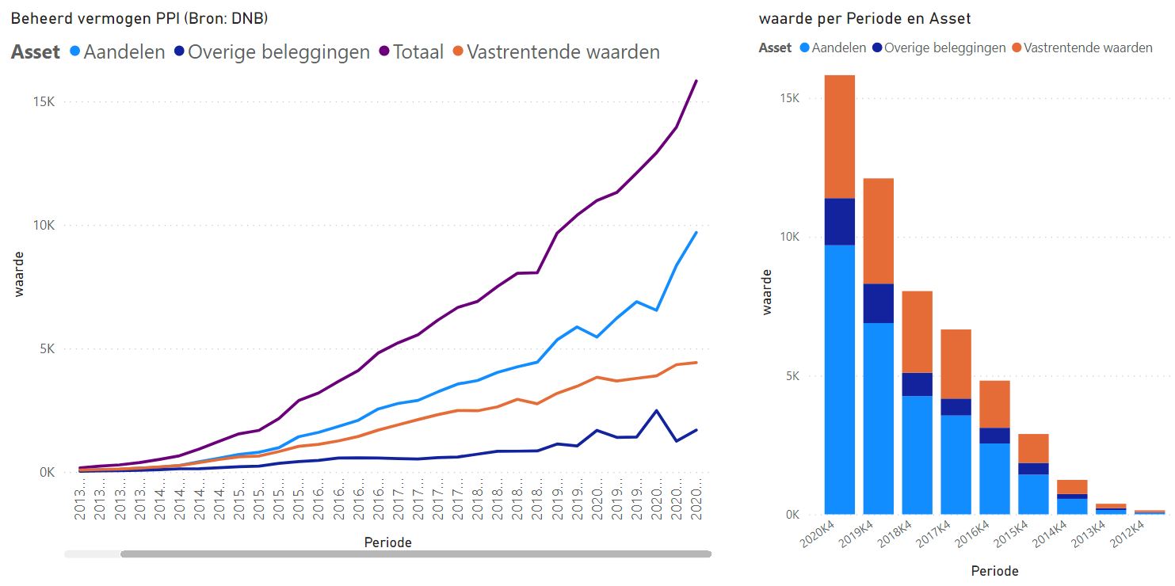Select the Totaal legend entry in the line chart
coord(418,52)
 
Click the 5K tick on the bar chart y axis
coord(792,376)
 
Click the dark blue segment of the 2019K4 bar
coord(879,303)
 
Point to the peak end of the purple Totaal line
coord(696,81)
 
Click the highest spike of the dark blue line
coord(656,410)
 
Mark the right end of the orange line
coord(696,363)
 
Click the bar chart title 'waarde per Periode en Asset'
coord(864,18)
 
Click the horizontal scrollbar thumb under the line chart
coord(415,554)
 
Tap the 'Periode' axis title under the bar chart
coord(994,570)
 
